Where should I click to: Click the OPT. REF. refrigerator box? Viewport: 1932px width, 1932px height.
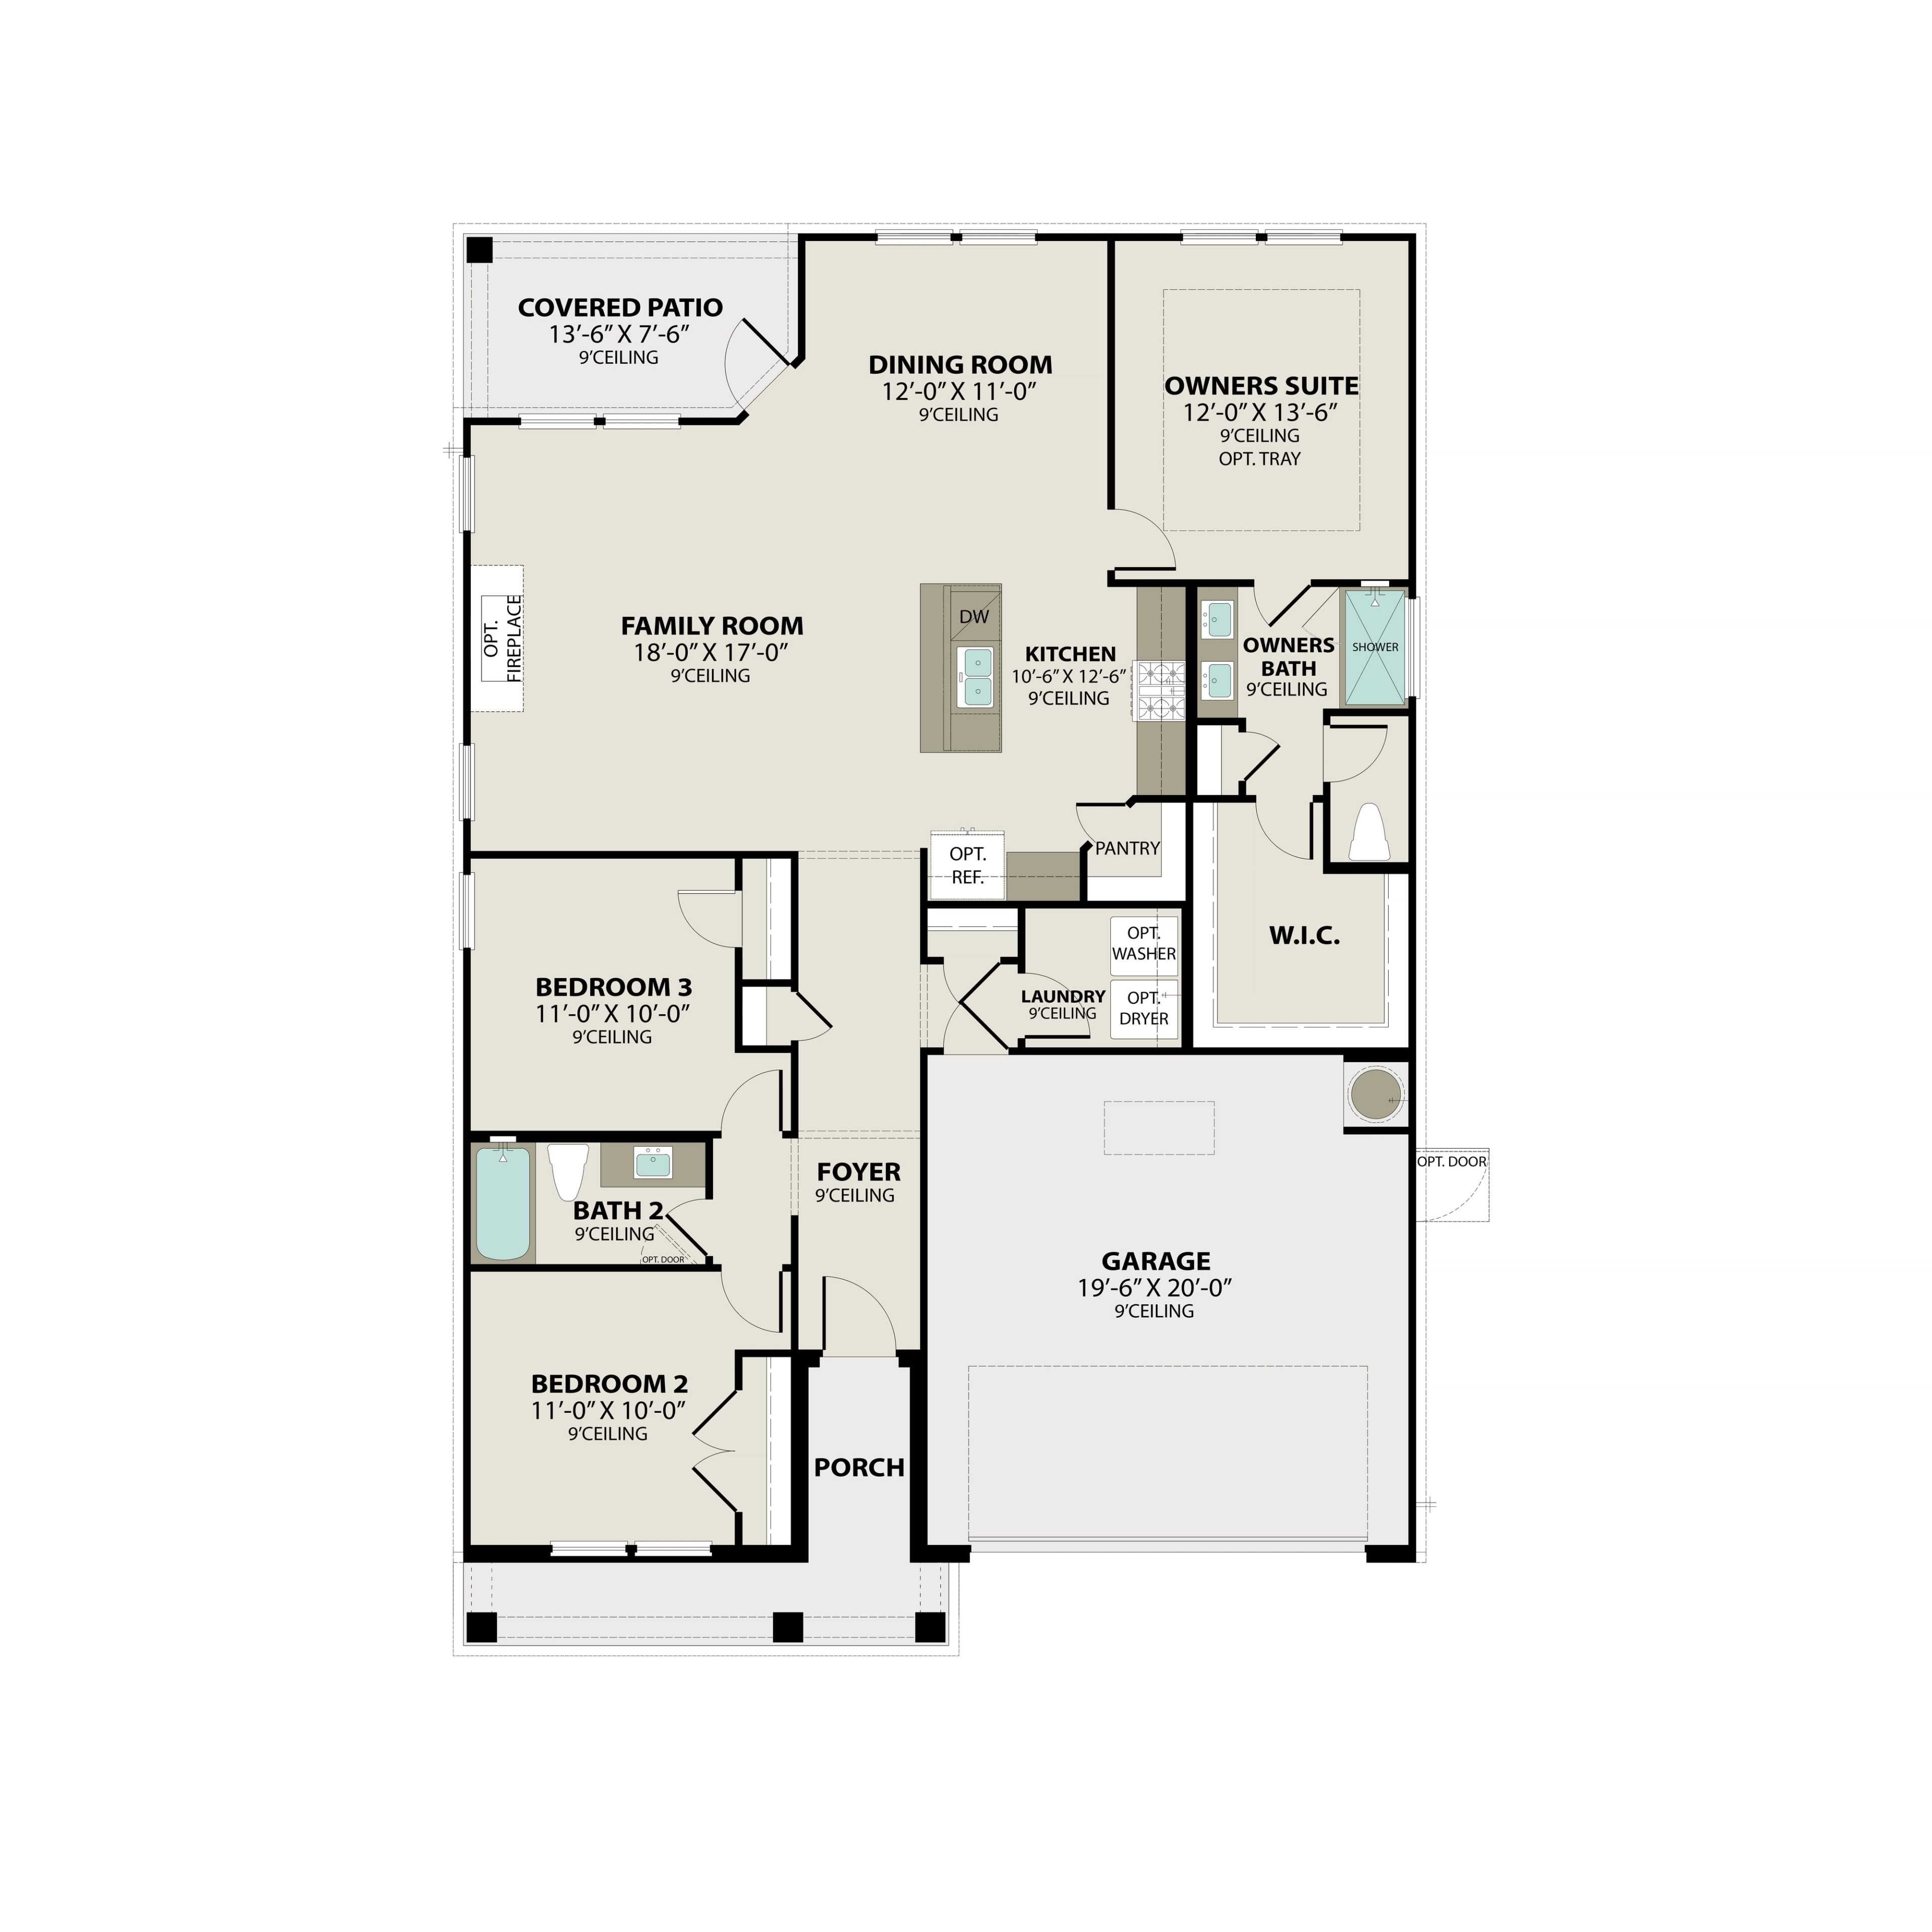pyautogui.click(x=967, y=865)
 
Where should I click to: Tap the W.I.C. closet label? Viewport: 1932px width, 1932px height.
pyautogui.click(x=1304, y=936)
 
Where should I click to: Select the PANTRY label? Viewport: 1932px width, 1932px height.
pyautogui.click(x=1127, y=848)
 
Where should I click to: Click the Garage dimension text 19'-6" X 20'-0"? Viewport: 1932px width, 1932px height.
pyautogui.click(x=1155, y=1288)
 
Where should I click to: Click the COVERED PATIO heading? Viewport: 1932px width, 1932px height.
pyautogui.click(x=620, y=307)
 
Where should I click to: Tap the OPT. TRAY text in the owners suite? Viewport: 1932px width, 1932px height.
pyautogui.click(x=1259, y=459)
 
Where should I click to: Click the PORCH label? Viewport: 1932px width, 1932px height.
pyautogui.click(x=859, y=1467)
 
